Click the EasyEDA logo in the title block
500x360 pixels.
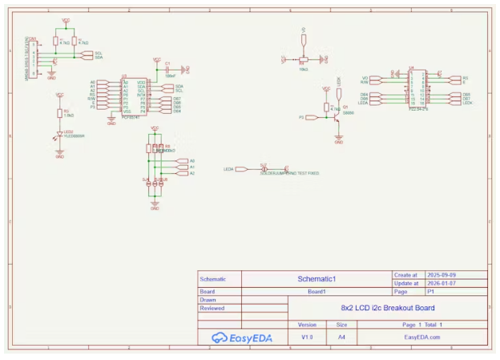coord(242,338)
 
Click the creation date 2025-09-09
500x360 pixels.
coord(442,274)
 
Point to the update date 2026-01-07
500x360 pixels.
coord(442,282)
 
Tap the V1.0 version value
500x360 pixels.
coord(307,338)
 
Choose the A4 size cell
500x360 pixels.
coord(341,338)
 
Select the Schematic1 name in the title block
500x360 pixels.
coord(316,278)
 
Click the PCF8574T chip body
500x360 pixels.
coord(133,96)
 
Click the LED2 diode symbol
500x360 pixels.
coord(59,135)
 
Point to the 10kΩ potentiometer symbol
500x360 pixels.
coord(303,59)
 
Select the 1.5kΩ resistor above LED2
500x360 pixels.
coord(59,112)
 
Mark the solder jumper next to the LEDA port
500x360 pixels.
coord(264,169)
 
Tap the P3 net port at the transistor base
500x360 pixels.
coord(303,117)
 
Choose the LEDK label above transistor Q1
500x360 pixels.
coord(339,81)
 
